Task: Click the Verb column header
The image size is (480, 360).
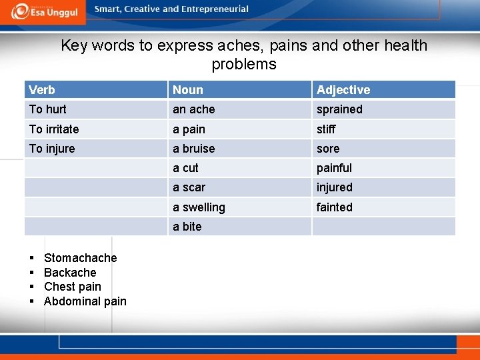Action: pyautogui.click(x=42, y=90)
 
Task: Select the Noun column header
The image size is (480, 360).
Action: pyautogui.click(x=188, y=90)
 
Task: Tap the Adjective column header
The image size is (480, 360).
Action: pyautogui.click(x=343, y=90)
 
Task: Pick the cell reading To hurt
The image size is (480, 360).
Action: pyautogui.click(x=48, y=109)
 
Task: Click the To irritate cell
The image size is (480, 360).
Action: pyautogui.click(x=54, y=129)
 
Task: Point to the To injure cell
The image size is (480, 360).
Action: pyautogui.click(x=52, y=149)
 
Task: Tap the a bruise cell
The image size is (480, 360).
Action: pyautogui.click(x=194, y=149)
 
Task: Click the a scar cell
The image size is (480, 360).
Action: pyautogui.click(x=189, y=188)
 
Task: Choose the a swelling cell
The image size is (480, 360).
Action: pyautogui.click(x=199, y=207)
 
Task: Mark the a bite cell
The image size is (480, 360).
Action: pyautogui.click(x=187, y=227)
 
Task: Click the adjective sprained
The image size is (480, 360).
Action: pyautogui.click(x=339, y=109)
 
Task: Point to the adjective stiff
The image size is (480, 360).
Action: pyautogui.click(x=326, y=129)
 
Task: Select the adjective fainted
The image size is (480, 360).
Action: pyautogui.click(x=335, y=207)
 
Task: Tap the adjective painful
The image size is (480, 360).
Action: pyautogui.click(x=334, y=168)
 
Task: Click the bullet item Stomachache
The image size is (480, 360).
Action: pyautogui.click(x=80, y=258)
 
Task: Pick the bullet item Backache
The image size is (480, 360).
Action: pyautogui.click(x=70, y=273)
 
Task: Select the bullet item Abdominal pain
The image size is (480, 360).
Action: pyautogui.click(x=85, y=301)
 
